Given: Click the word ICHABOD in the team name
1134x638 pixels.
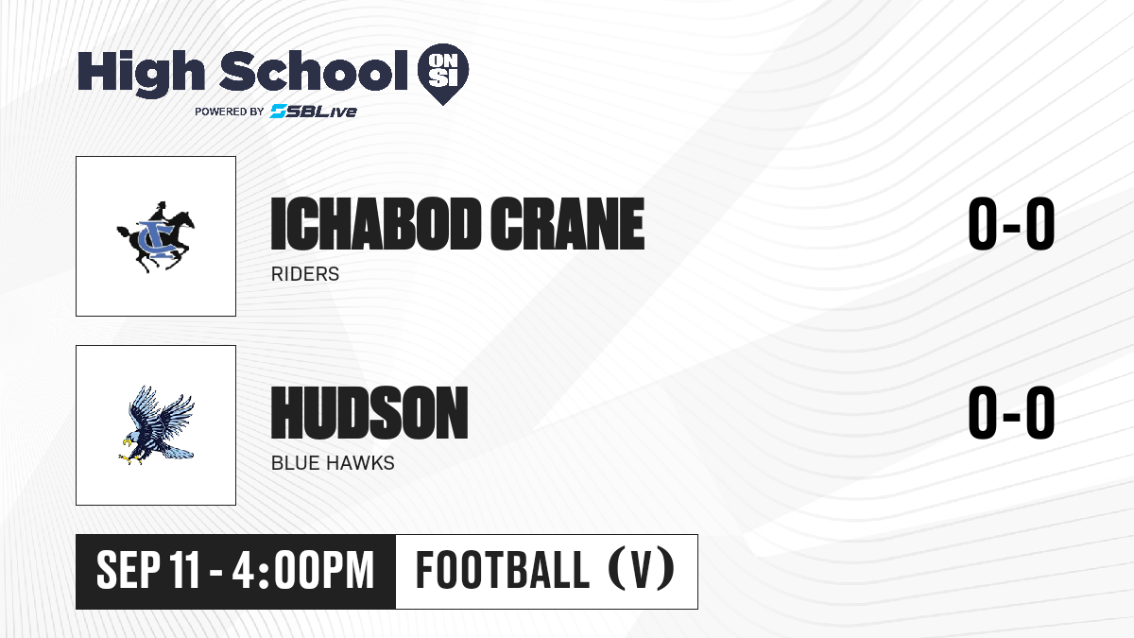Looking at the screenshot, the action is click(x=375, y=224).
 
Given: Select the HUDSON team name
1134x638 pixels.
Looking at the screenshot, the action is click(x=369, y=413).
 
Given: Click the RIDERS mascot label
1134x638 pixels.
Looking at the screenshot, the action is click(x=305, y=274).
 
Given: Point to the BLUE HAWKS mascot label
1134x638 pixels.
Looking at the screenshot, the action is click(x=333, y=463).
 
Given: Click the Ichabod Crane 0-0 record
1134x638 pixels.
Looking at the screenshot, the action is click(x=1011, y=224).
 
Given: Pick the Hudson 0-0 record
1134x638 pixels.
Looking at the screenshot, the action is click(x=1011, y=413).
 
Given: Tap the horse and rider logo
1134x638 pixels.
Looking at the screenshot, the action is click(x=156, y=237).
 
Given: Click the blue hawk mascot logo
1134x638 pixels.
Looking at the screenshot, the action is click(x=156, y=425).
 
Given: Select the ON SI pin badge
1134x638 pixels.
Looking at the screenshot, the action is click(x=443, y=74).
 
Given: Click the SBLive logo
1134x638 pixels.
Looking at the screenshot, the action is click(x=314, y=112).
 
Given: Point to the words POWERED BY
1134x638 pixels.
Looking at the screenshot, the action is click(x=230, y=112).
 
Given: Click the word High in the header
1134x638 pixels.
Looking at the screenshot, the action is click(x=141, y=74).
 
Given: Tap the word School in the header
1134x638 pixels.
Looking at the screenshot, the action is click(x=314, y=71).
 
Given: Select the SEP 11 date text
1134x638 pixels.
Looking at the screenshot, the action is click(x=147, y=571).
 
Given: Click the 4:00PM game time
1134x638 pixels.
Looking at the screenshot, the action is click(x=302, y=571).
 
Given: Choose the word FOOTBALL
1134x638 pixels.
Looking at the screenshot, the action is click(x=503, y=571).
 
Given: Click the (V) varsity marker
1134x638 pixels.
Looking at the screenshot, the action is click(x=641, y=571).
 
